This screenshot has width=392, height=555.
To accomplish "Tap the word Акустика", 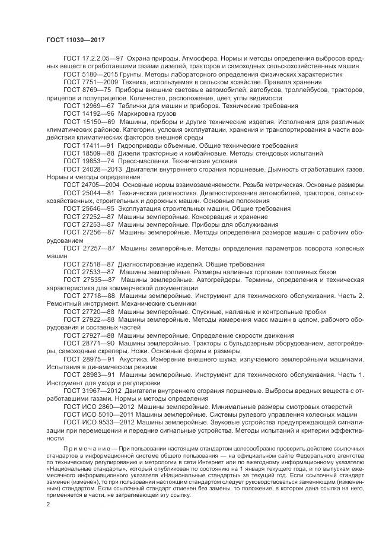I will pos(134,359).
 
